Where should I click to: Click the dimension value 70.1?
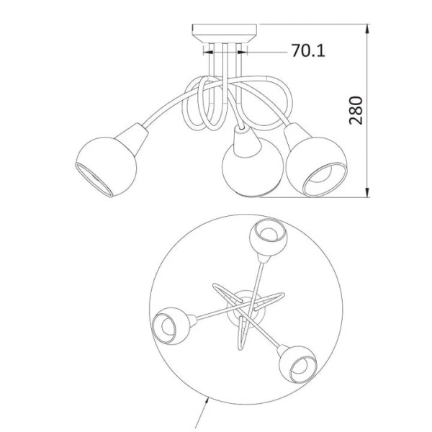(308, 50)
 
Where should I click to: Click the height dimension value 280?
(356, 110)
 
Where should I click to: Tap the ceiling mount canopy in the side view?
(224, 33)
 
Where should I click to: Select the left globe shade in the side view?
(106, 167)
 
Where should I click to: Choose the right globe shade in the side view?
(316, 167)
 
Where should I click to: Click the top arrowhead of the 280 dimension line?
(367, 29)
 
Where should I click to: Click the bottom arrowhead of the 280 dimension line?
(367, 192)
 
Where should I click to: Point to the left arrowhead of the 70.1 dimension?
(208, 52)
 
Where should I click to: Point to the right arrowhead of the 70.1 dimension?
(242, 52)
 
